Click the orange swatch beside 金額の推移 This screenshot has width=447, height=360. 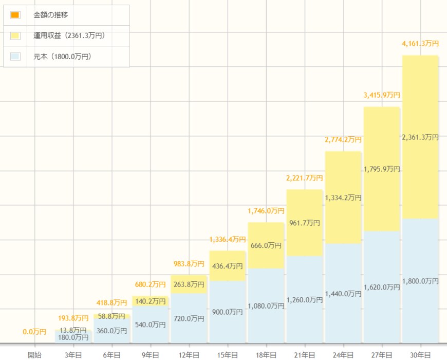pyautogui.click(x=15, y=15)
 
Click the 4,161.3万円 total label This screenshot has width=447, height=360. pyautogui.click(x=420, y=44)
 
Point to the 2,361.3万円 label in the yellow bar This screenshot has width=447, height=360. pyautogui.click(x=420, y=137)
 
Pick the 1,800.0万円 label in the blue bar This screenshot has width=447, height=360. pyautogui.click(x=420, y=281)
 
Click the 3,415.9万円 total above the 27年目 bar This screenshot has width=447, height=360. pyautogui.click(x=382, y=95)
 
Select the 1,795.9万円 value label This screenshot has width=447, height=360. pyautogui.click(x=382, y=169)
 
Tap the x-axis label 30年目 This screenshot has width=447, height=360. pyautogui.click(x=420, y=354)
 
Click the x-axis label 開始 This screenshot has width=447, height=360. pyautogui.click(x=35, y=354)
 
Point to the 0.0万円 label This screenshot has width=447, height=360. pyautogui.click(x=35, y=332)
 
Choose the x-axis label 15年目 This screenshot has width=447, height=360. pyautogui.click(x=228, y=354)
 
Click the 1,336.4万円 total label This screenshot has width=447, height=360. pyautogui.click(x=228, y=239)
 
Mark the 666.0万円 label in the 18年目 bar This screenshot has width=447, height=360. pyautogui.click(x=266, y=245)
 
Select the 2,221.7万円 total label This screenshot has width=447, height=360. pyautogui.click(x=305, y=178)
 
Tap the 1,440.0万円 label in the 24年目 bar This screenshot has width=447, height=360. pyautogui.click(x=343, y=294)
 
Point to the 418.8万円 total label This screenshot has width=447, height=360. pyautogui.click(x=112, y=302)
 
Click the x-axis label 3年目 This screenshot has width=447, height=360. pyautogui.click(x=73, y=354)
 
